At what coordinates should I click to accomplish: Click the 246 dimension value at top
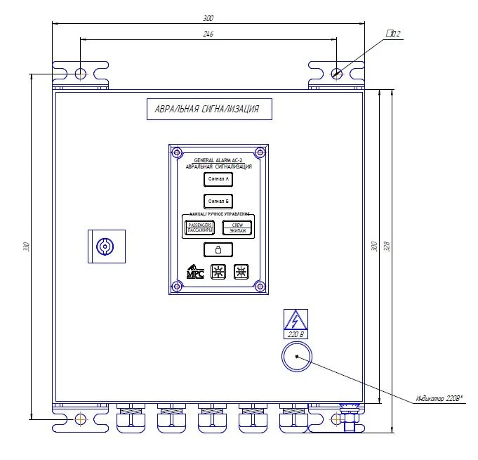click(x=208, y=34)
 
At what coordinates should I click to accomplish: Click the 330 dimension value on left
click(x=26, y=247)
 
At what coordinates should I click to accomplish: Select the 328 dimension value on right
click(x=386, y=247)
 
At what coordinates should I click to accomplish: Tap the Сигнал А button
click(x=218, y=180)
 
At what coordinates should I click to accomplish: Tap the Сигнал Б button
click(x=218, y=201)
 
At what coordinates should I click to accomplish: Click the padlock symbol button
click(x=218, y=249)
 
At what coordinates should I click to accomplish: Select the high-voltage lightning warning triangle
click(x=296, y=321)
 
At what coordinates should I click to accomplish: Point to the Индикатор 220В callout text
click(x=439, y=399)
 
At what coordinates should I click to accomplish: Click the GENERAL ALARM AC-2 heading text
click(x=218, y=160)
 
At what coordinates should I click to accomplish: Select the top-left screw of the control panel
click(x=177, y=152)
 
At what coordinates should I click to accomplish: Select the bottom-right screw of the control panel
click(x=259, y=286)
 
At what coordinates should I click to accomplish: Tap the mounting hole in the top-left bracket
click(x=81, y=73)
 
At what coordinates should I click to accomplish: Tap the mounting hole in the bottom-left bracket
click(x=81, y=419)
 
